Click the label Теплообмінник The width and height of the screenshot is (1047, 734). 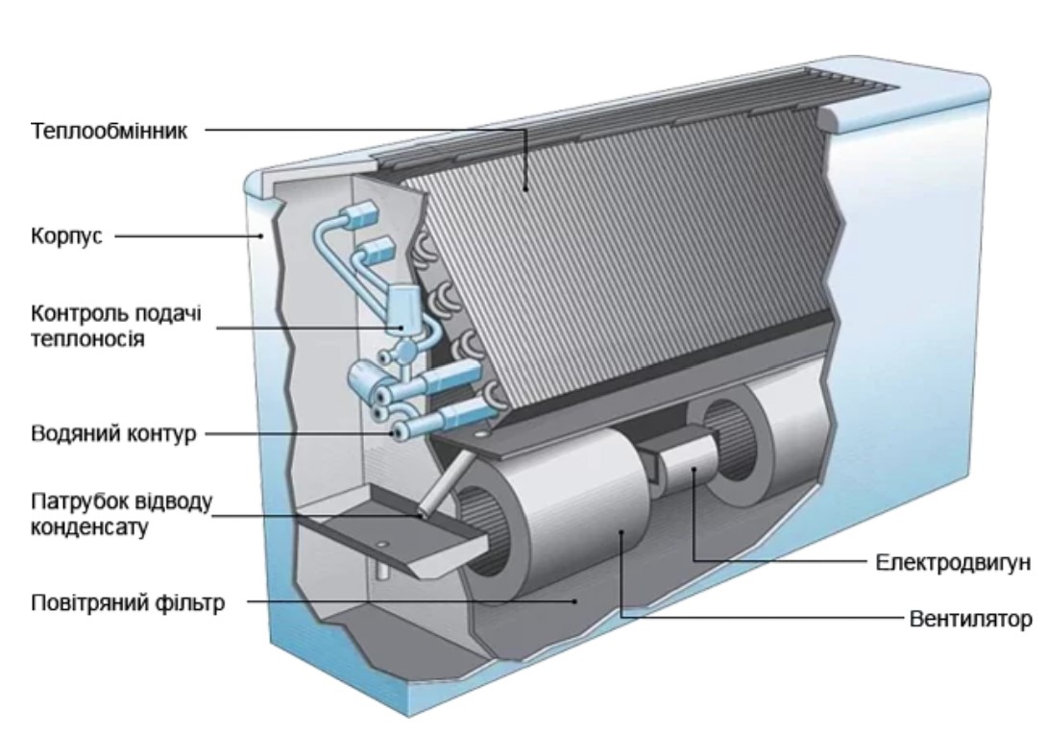pos(110,131)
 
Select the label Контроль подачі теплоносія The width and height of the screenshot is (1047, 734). pos(117,327)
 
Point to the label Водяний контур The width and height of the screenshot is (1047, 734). pos(113,434)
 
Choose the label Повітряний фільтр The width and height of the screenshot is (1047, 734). pos(129,604)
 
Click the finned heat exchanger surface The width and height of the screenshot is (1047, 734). pos(615,240)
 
